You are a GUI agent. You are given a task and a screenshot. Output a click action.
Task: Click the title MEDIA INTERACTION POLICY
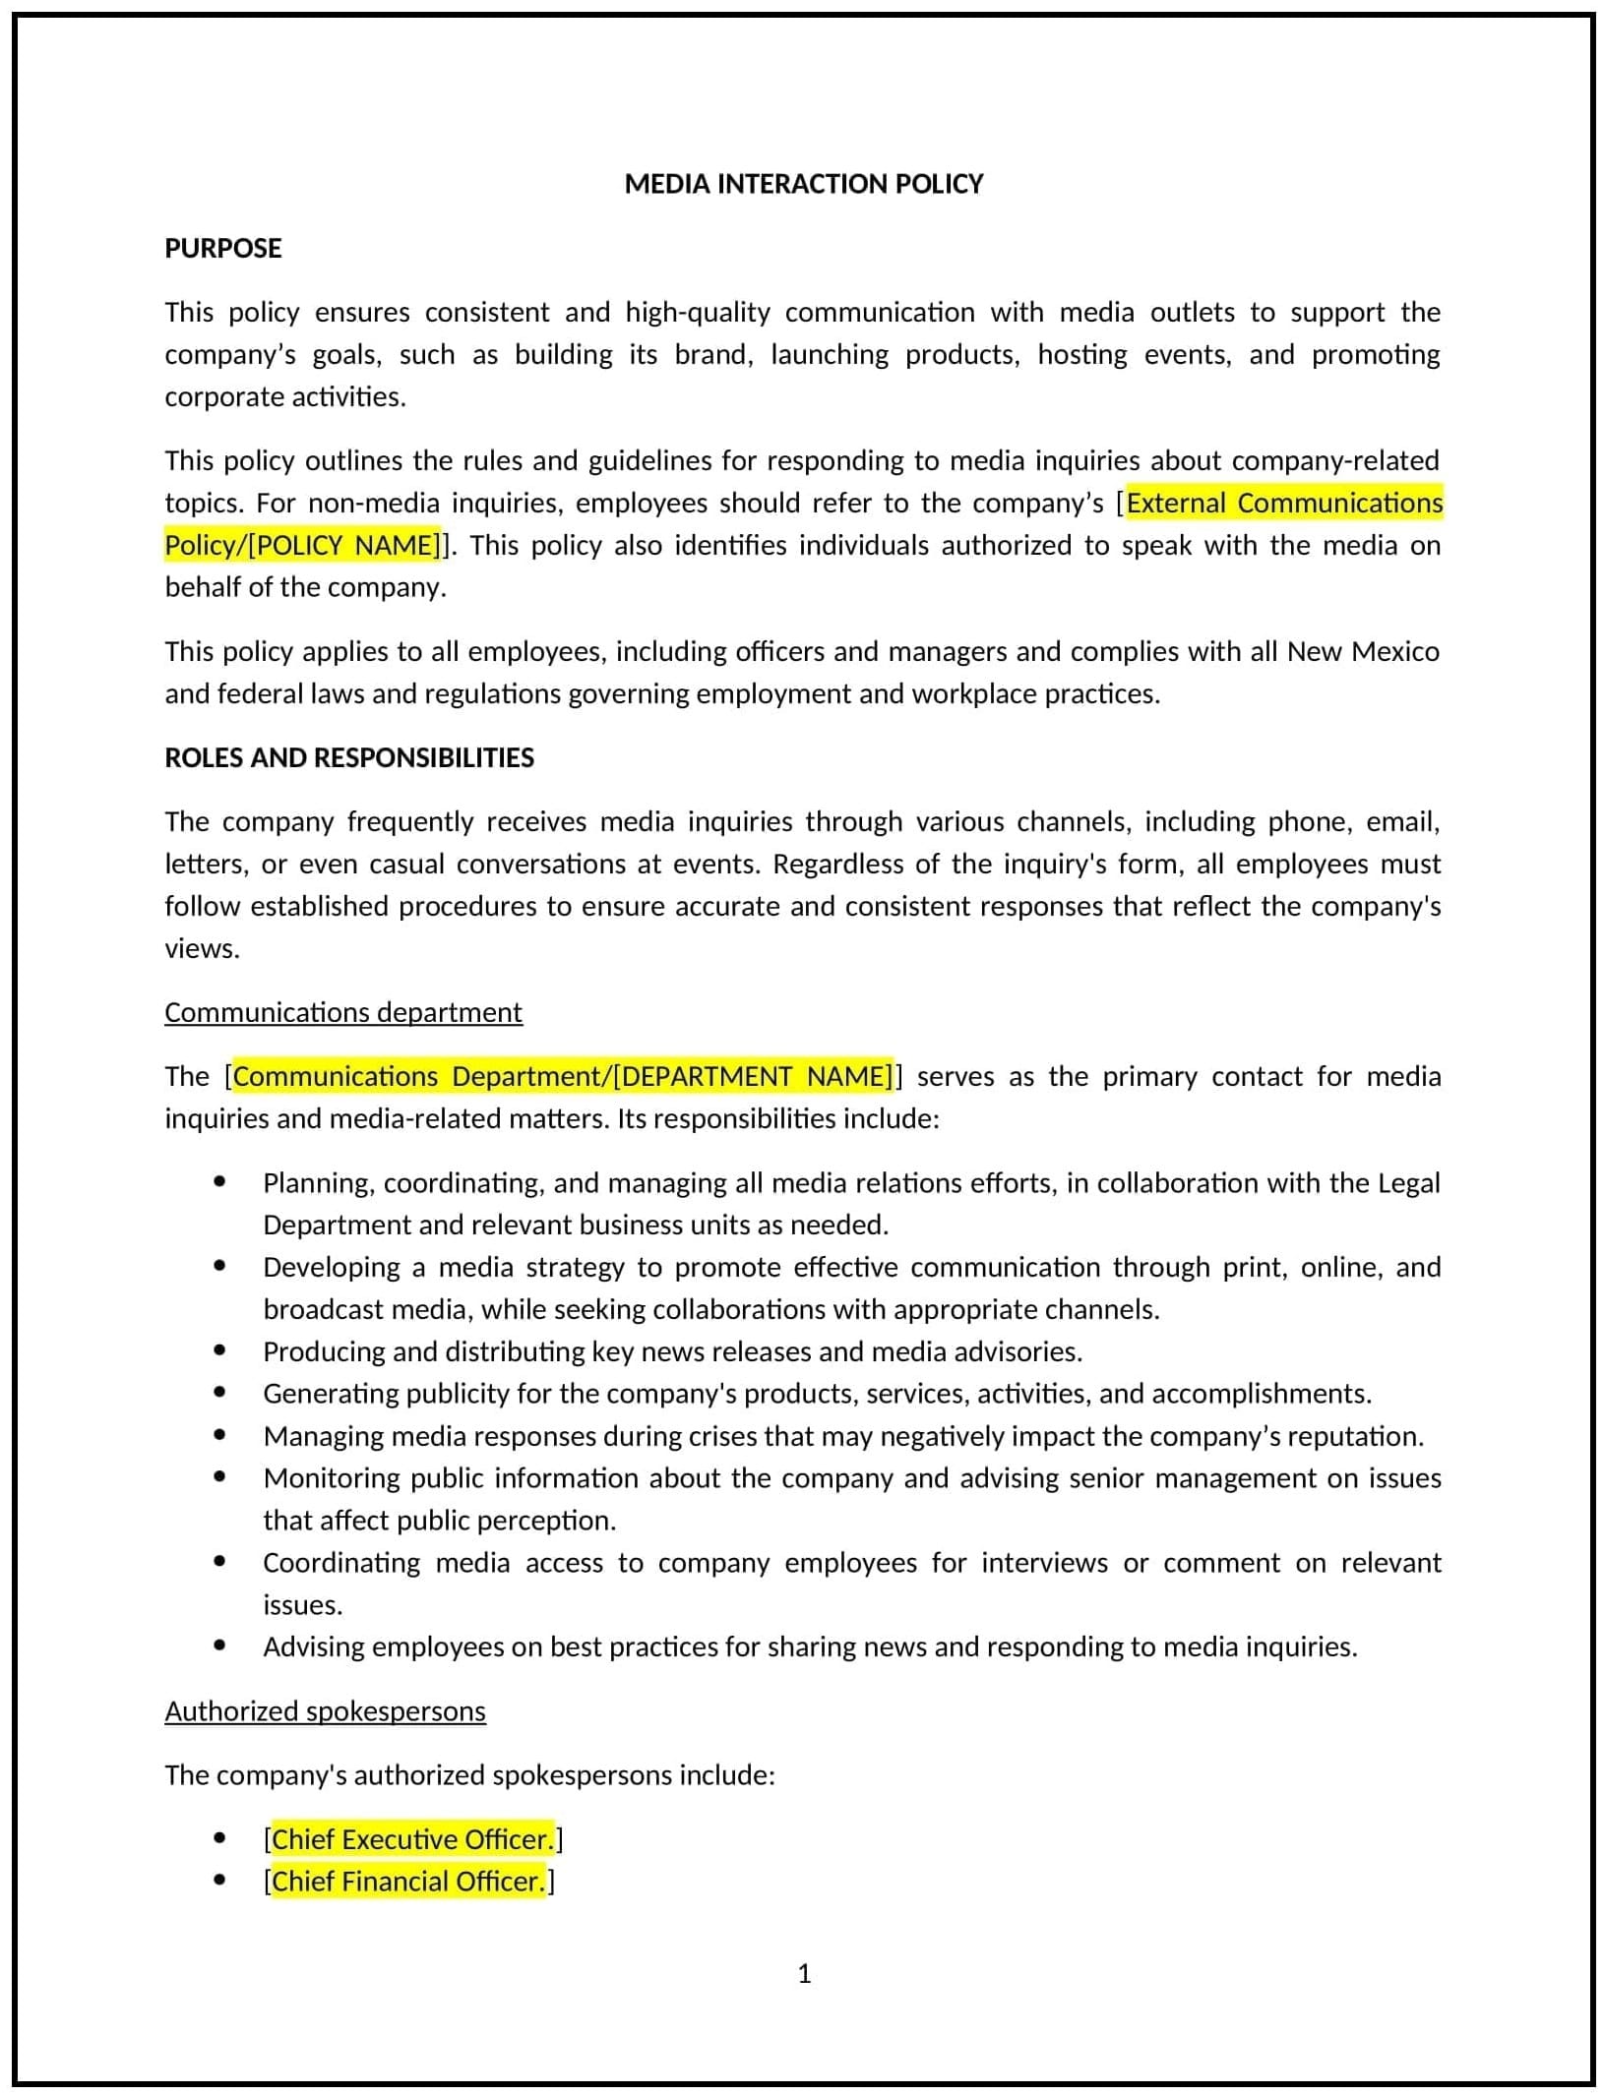coord(803,184)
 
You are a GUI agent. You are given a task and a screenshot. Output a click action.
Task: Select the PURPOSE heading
coord(223,248)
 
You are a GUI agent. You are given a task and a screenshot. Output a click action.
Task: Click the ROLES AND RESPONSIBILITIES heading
coord(349,757)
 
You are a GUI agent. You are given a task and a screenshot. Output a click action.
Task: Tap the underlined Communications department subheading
coord(343,1012)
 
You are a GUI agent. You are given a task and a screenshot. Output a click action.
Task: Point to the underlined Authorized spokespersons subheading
coord(325,1711)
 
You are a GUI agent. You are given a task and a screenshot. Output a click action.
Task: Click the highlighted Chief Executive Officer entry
coord(412,1839)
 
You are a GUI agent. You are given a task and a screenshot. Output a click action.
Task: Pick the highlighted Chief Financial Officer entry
coord(407,1882)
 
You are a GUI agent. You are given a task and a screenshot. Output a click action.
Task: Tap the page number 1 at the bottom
coord(804,1974)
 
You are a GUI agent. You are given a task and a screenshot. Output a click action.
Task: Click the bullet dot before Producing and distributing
coord(219,1350)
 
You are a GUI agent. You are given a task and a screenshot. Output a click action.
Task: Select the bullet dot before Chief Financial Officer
coord(219,1881)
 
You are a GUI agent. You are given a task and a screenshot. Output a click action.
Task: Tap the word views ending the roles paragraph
coord(201,948)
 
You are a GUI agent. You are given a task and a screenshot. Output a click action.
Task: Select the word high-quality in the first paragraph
coord(698,312)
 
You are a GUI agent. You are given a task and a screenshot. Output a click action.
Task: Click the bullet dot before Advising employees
coord(219,1646)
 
